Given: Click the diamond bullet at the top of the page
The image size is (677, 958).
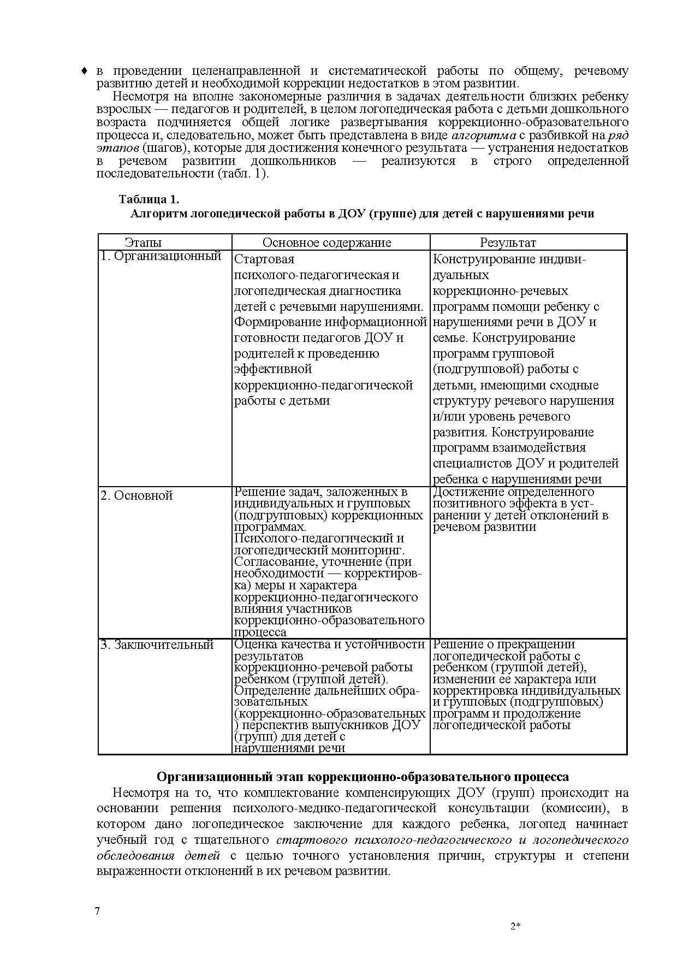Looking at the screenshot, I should pos(85,71).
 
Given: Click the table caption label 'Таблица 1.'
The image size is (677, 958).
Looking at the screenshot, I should pos(149,199).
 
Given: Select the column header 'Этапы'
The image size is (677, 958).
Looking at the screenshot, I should pos(143,243).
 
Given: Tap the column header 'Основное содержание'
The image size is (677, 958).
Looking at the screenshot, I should pos(327,243).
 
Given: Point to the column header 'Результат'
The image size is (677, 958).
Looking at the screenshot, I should pos(508,243).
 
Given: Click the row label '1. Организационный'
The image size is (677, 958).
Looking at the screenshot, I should pos(161,256).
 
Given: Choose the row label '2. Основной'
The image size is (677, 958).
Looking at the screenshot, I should pos(136,495).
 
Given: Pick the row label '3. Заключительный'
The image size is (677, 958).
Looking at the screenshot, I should pos(157,644).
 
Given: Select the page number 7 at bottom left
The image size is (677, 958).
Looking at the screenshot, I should pos(97,911).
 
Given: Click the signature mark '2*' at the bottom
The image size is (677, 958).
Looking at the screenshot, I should pos(515,926).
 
